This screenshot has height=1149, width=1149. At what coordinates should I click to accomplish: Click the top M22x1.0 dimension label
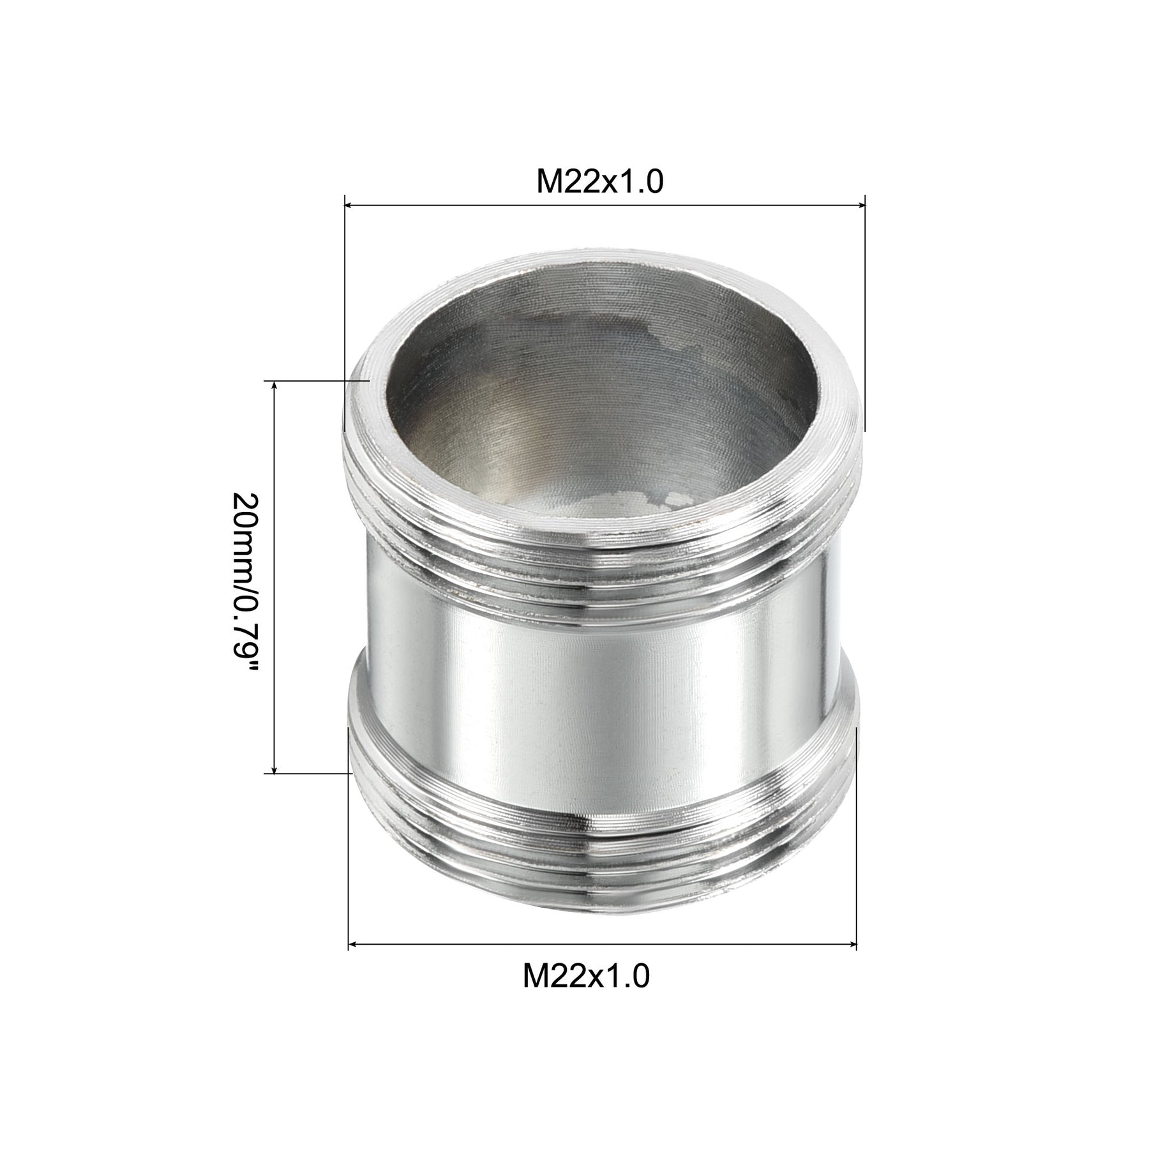click(600, 182)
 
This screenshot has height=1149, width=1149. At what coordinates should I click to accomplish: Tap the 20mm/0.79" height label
click(244, 578)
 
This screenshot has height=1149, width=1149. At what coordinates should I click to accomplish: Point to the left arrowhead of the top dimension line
click(349, 205)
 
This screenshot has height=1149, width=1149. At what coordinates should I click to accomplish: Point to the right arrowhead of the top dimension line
click(860, 205)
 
